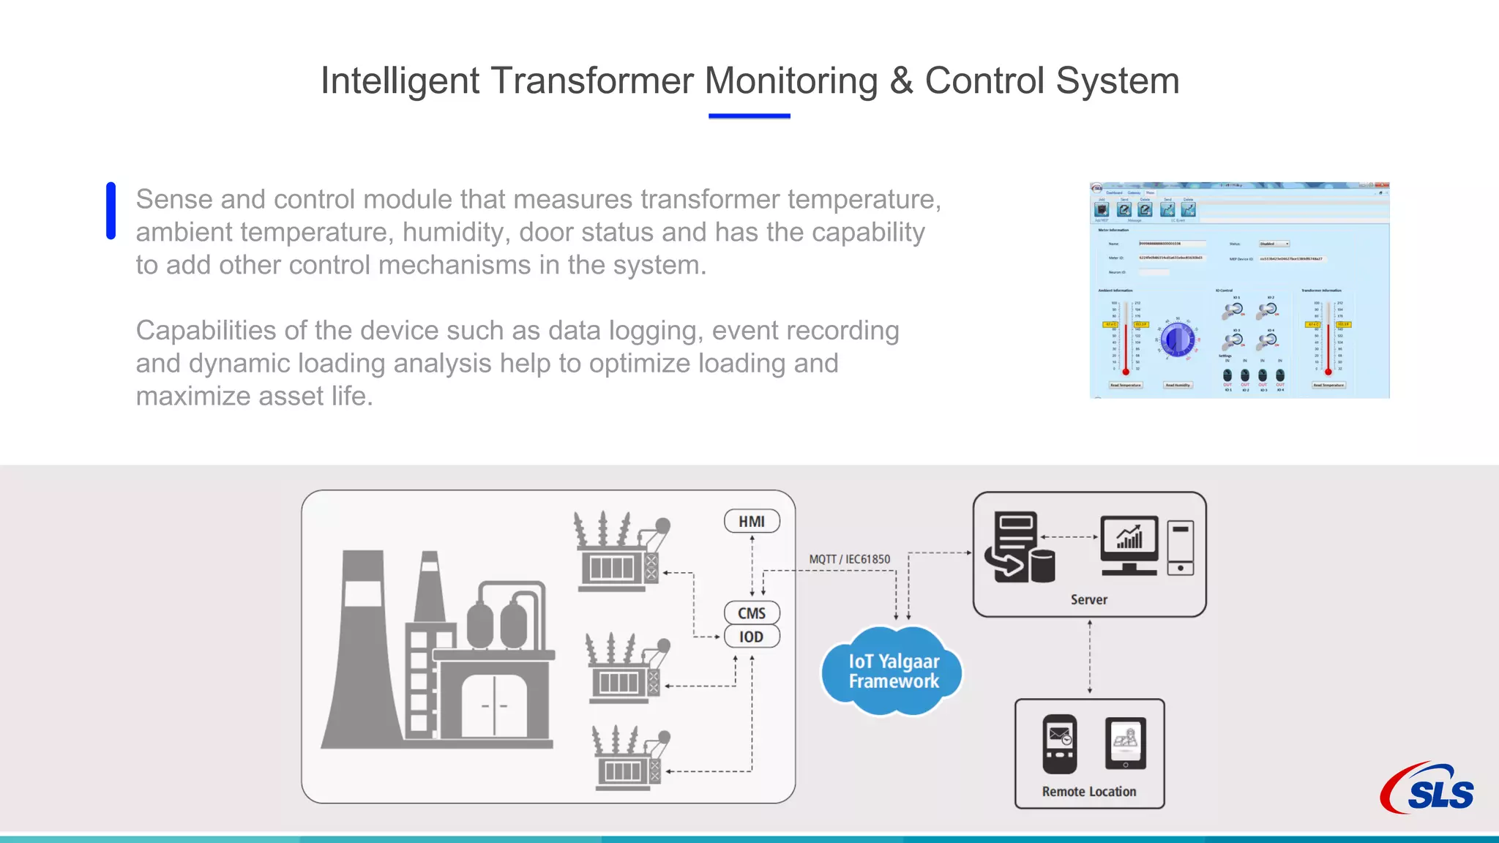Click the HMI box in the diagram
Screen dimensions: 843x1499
point(752,521)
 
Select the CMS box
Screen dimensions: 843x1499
point(752,613)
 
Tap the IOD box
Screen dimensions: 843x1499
point(752,637)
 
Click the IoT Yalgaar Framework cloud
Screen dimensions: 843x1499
point(893,671)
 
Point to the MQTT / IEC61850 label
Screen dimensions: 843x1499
point(849,559)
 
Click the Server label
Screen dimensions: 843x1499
point(1088,599)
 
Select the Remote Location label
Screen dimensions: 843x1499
point(1089,791)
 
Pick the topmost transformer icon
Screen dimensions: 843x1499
point(621,552)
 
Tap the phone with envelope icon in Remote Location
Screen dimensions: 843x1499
point(1059,743)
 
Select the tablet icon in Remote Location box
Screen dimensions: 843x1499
point(1125,743)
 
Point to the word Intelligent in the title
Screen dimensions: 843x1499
point(400,80)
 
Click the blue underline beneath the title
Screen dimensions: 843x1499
point(749,116)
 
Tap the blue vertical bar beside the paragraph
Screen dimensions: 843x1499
point(111,211)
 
